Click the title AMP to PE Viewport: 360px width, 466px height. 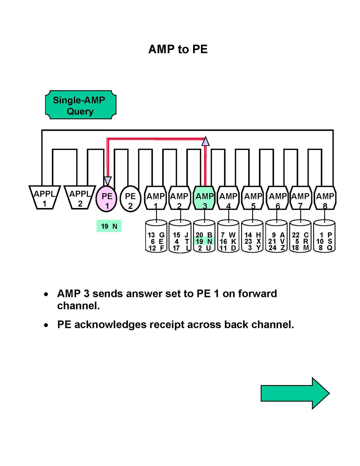coord(178,49)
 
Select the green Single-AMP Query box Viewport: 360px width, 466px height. coord(81,105)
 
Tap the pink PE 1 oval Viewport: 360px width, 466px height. coord(107,199)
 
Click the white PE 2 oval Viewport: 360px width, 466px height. coord(130,199)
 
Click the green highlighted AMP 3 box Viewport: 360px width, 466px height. coord(204,198)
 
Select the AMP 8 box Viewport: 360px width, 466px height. coord(325,198)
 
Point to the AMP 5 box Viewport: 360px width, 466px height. coord(253,198)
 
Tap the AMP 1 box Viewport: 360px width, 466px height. coord(156,198)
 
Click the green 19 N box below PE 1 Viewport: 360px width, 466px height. coord(109,226)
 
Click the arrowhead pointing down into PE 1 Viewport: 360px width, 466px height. coord(107,181)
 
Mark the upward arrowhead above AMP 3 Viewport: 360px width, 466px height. coord(206,141)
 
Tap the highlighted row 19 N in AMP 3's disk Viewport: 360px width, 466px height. coord(204,241)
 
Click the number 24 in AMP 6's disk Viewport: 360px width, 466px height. coord(272,248)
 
